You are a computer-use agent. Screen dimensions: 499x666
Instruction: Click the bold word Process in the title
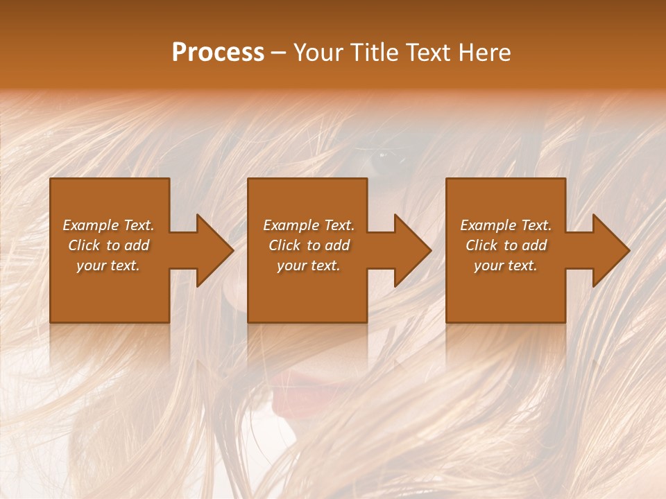[218, 53]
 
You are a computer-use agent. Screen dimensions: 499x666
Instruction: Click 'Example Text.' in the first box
[108, 225]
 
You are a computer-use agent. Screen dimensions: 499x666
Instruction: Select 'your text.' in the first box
[108, 265]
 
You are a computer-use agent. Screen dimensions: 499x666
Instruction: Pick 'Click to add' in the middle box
[309, 245]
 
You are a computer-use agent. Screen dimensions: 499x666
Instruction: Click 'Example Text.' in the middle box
[309, 225]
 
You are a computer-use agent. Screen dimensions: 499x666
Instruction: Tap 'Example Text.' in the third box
[506, 225]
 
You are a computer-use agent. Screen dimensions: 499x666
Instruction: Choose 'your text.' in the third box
[506, 265]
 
